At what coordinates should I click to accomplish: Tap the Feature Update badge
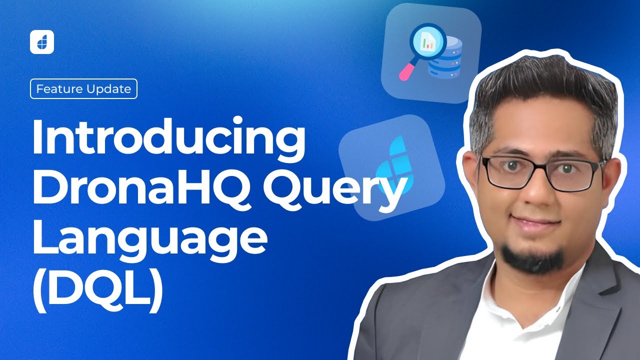point(84,89)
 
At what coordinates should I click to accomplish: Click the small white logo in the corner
point(42,42)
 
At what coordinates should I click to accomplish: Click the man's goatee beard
point(533,257)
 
